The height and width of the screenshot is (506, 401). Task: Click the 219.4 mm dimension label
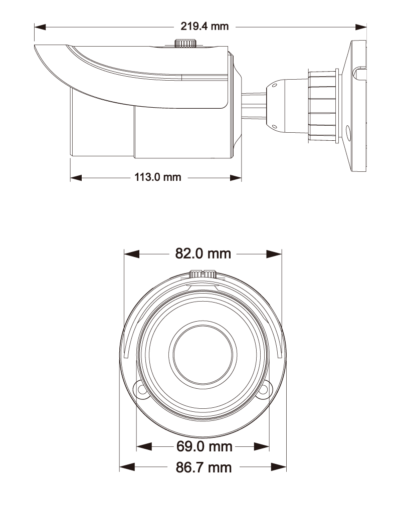[x=204, y=27]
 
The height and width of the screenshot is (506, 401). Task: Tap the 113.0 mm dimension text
[x=157, y=177]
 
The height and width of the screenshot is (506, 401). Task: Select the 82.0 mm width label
[x=203, y=254]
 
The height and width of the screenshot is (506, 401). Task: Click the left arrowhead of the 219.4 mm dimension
[x=40, y=27]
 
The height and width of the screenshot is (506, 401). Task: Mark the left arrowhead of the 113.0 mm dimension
[x=76, y=177]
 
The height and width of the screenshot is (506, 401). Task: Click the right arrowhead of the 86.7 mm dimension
[x=280, y=467]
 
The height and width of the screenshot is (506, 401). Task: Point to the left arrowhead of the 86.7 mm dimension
[x=125, y=467]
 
